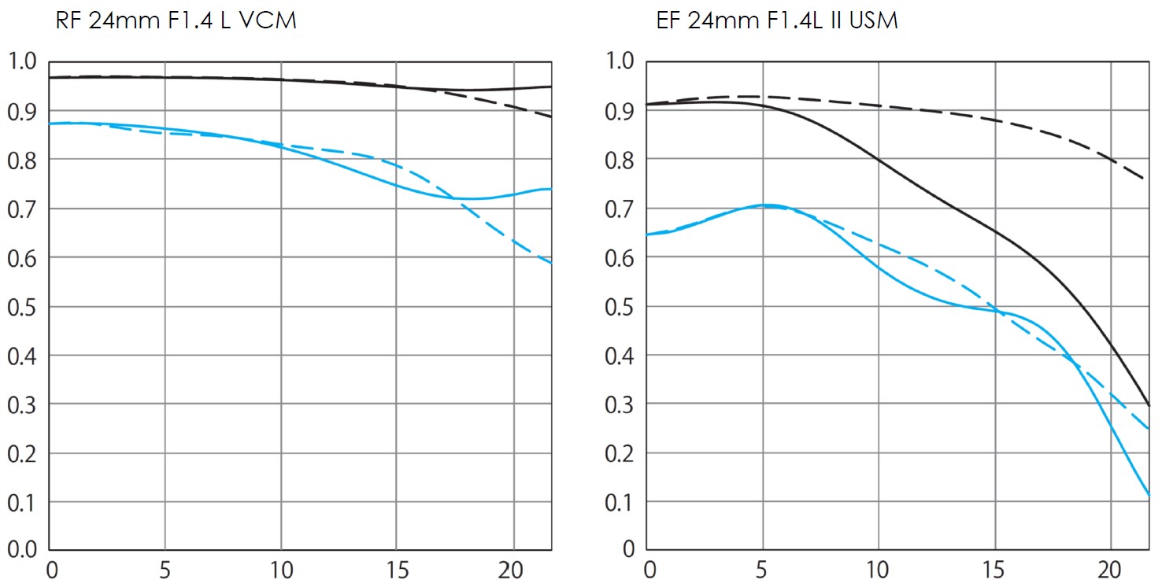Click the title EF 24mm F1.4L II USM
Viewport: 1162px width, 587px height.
[x=777, y=21]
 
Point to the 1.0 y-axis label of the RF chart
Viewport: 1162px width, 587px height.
[x=22, y=61]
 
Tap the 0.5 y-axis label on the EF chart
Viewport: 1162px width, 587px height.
[x=620, y=307]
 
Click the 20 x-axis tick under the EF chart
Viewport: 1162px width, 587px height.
[x=1110, y=569]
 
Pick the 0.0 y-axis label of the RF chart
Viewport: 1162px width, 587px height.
[x=22, y=550]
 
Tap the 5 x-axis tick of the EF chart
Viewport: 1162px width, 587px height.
[x=762, y=569]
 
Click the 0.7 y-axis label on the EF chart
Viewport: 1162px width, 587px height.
[x=620, y=209]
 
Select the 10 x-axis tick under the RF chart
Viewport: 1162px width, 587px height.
[x=280, y=569]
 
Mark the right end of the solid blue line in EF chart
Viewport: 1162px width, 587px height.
[x=1149, y=495]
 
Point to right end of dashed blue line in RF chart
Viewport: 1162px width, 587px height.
[x=550, y=263]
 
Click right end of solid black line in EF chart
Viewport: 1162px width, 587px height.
[x=1149, y=405]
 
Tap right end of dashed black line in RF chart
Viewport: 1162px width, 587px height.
[x=550, y=116]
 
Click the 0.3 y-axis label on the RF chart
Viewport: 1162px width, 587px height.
[x=22, y=404]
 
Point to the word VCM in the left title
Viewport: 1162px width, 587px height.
[x=268, y=21]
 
